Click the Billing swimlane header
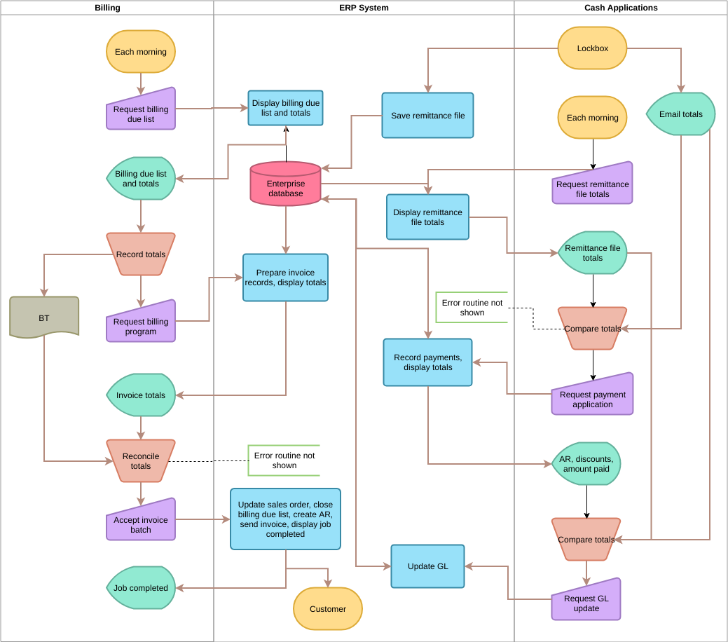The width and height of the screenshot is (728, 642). coord(107,8)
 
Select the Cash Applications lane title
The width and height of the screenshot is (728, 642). coord(620,8)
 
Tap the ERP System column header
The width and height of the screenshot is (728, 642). coord(364,8)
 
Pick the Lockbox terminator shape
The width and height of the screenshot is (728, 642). coord(592,48)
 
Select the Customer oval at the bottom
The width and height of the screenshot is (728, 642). coord(327,608)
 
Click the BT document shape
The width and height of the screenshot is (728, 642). coord(44,317)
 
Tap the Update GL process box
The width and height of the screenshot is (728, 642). coord(427,566)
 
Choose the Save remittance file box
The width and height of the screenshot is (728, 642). coord(427,116)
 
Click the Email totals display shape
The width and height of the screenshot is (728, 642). coord(680,114)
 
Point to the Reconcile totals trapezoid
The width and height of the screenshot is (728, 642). coord(141,460)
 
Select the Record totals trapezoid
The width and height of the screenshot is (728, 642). coord(141,254)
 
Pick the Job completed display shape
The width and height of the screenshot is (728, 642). coord(141,588)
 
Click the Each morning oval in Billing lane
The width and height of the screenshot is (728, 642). coord(141,52)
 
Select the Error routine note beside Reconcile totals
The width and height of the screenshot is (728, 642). coord(284,460)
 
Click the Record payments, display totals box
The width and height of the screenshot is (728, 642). coord(427,362)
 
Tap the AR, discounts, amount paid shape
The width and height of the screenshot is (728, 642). coord(586,464)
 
